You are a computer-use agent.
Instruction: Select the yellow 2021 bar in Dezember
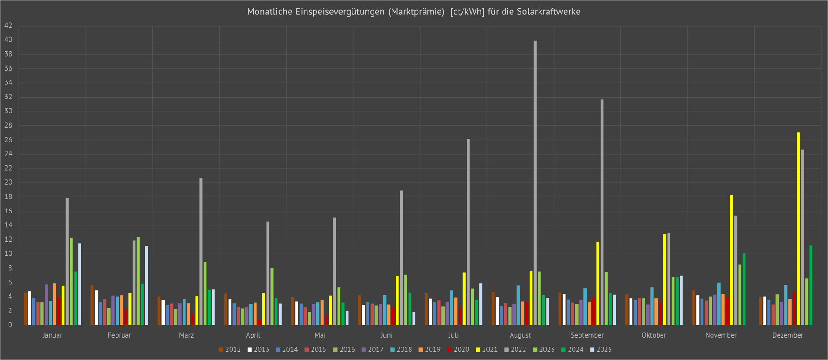798,229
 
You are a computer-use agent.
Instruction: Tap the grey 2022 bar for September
602,211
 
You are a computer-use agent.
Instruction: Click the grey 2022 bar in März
201,252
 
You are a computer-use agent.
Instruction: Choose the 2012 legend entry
229,350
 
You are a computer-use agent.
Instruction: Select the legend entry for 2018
401,350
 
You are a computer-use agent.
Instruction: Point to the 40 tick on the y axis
9,40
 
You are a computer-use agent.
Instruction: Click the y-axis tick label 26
9,140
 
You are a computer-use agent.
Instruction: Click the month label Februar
120,335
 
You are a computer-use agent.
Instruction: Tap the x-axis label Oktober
654,335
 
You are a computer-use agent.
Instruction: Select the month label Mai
320,335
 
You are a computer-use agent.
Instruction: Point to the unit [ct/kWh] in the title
467,12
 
